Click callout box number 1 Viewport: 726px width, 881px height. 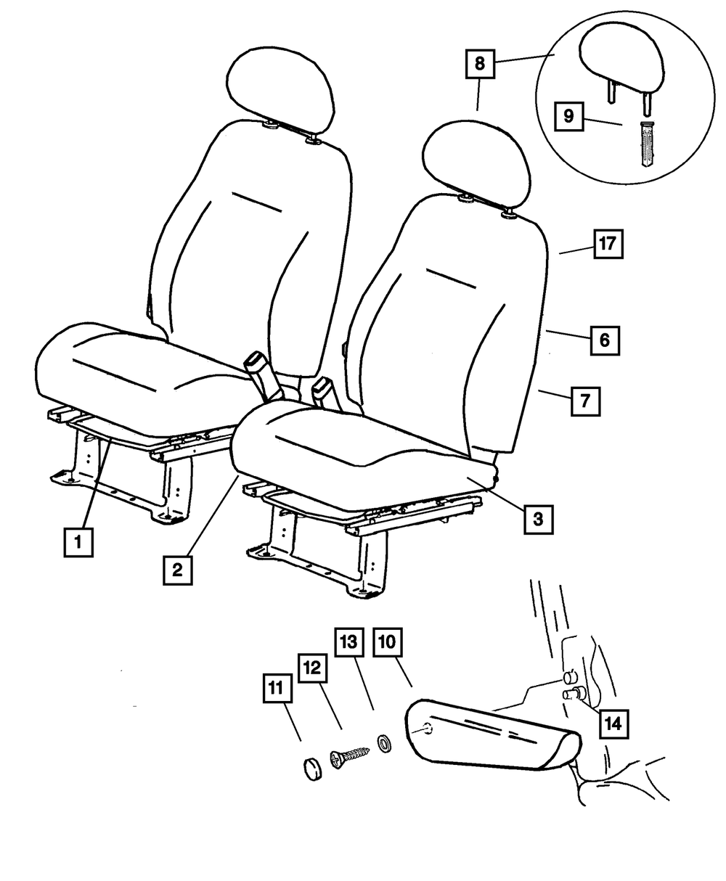pos(78,542)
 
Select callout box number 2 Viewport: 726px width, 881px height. pos(178,570)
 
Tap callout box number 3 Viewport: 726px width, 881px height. pos(538,520)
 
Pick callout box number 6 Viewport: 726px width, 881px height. pos(605,340)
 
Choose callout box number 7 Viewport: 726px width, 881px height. pos(585,401)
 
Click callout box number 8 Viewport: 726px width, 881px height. pos(481,64)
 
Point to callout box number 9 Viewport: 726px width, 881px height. pos(569,116)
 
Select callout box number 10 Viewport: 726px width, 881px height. pos(388,642)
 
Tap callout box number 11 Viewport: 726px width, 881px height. pos(277,688)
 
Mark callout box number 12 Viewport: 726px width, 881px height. pos(313,668)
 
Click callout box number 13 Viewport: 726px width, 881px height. pos(349,642)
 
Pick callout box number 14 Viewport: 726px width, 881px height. pos(613,724)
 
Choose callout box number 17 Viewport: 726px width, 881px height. pos(608,244)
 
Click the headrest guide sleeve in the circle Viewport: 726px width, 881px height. pos(646,144)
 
